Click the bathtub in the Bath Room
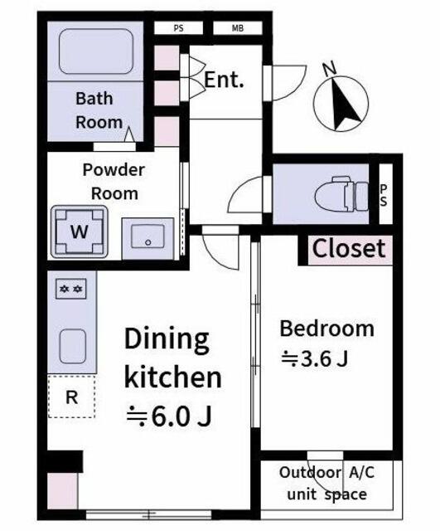coord(96,51)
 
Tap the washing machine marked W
coord(80,231)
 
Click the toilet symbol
coord(341,194)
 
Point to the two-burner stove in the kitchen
coord(71,289)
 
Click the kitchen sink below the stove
coord(73,346)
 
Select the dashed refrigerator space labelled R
coord(72,397)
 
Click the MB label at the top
coord(238,28)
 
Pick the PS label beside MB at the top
coord(179,28)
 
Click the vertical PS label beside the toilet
coord(384,195)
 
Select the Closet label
coord(349,249)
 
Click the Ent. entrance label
coord(224,80)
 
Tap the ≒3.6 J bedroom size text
coord(315,358)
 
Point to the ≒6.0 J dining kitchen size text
coord(169,416)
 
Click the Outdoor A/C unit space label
coord(326,483)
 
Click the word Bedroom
coord(327,329)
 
